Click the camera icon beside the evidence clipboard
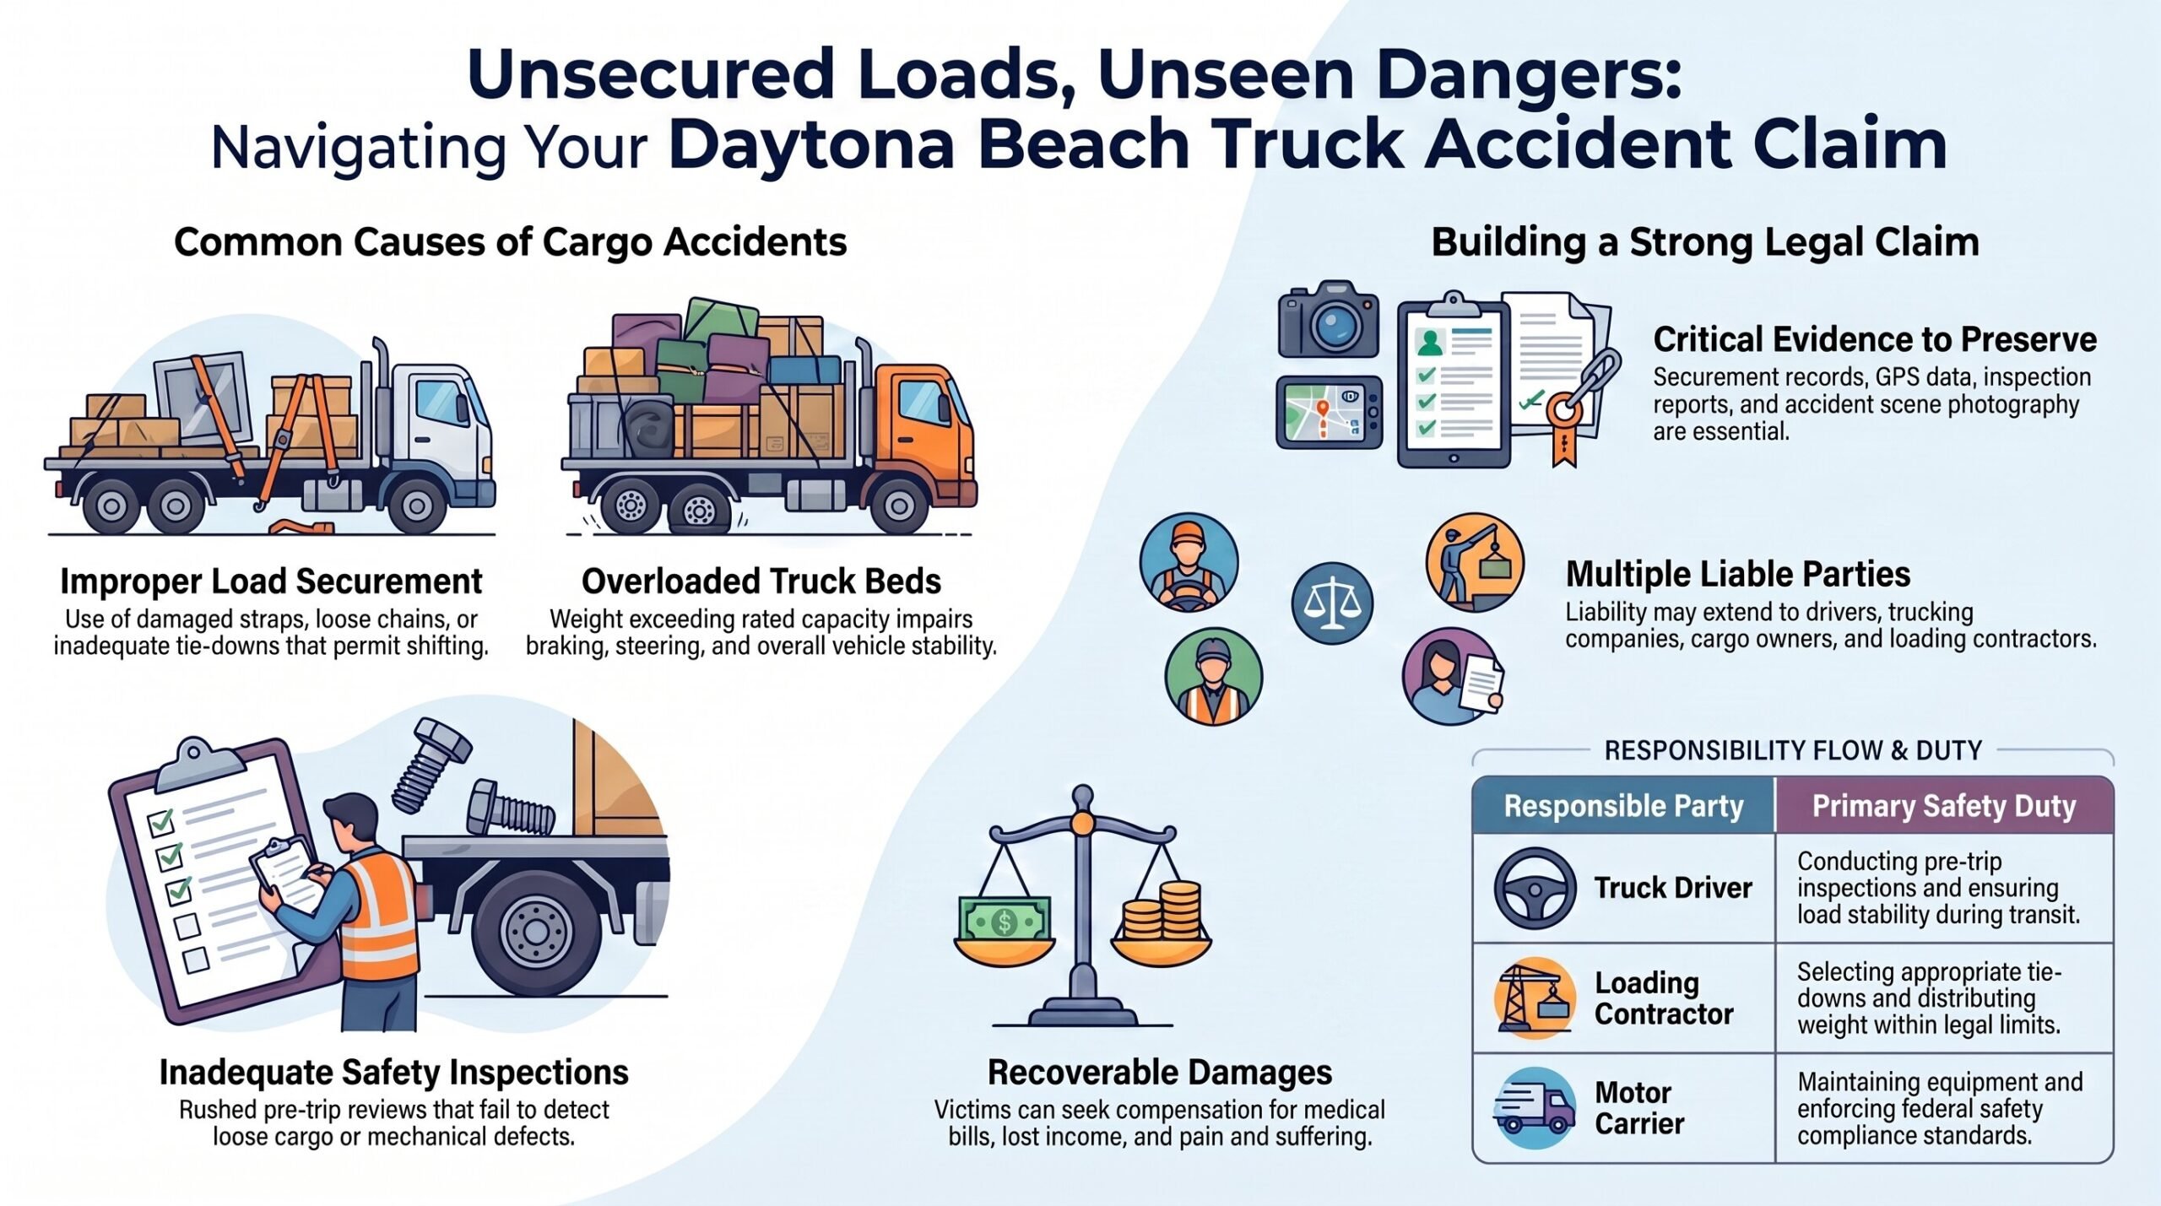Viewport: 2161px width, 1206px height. click(x=1329, y=320)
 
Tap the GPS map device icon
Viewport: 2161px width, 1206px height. click(x=1330, y=412)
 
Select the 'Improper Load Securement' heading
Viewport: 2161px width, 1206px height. click(x=271, y=581)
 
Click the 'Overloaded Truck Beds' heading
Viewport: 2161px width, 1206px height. click(x=761, y=581)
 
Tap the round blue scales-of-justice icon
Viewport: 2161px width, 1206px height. click(x=1332, y=603)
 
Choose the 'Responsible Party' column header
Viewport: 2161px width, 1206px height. click(x=1623, y=806)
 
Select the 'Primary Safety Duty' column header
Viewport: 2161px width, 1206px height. click(x=1944, y=806)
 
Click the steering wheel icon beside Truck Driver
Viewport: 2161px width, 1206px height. click(x=1535, y=889)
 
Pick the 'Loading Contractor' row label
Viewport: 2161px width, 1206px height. click(x=1664, y=998)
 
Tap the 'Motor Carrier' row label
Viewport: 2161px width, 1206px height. click(x=1639, y=1108)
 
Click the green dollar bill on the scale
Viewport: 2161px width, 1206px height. click(x=1005, y=921)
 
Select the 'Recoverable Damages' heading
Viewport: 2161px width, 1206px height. click(x=1160, y=1073)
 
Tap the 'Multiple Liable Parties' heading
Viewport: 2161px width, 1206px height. click(x=1738, y=575)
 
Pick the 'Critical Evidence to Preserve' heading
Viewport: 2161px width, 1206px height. click(x=1875, y=339)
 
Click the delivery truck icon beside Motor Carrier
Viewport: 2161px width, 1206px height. click(x=1535, y=1107)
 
